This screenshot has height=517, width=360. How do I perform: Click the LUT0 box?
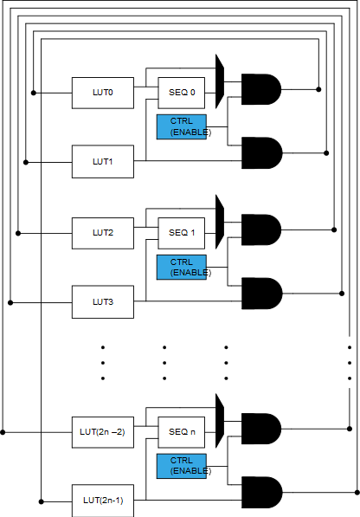(103, 93)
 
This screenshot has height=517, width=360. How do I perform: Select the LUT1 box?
(103, 162)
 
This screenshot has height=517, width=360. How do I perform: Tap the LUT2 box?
(103, 233)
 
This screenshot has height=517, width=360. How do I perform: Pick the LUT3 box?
(103, 301)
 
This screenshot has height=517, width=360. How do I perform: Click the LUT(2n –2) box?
(103, 432)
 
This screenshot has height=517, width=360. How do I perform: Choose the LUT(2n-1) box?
(103, 501)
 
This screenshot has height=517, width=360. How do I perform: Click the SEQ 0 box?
(182, 93)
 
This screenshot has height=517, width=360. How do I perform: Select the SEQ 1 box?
(182, 233)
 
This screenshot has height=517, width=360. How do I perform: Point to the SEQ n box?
(182, 432)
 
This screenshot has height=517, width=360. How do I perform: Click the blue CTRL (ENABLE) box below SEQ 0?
(182, 127)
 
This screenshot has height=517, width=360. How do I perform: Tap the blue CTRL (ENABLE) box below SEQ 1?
(182, 267)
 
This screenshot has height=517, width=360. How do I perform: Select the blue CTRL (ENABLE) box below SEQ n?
(182, 466)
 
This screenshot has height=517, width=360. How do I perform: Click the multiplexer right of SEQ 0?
(220, 81)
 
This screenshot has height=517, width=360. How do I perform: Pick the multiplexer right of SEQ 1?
(220, 222)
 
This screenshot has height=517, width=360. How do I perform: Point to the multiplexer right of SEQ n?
(220, 421)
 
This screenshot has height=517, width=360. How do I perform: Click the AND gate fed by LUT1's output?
(262, 153)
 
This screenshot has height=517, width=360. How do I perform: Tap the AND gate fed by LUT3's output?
(262, 294)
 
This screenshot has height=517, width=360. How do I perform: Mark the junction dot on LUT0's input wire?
(34, 93)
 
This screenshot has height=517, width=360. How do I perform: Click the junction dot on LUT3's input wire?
(10, 302)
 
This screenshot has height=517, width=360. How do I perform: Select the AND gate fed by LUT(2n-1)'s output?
(262, 492)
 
